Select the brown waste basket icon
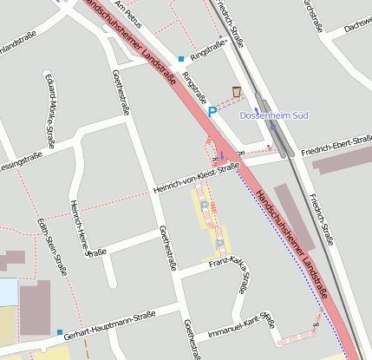pos(237,91)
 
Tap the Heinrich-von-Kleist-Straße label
pos(195,178)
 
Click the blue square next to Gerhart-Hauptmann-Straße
pos(60,332)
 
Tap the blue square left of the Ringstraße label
pos(180,59)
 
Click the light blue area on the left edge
pos(8,291)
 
